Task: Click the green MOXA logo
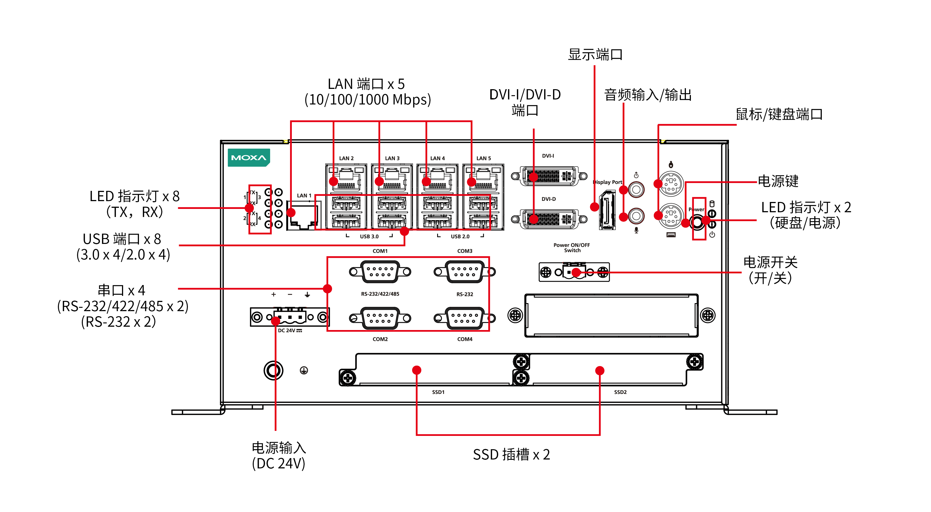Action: [249, 158]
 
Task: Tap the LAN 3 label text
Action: [392, 158]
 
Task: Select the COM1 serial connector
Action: [380, 272]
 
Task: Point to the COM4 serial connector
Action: [464, 318]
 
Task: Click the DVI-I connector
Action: [549, 176]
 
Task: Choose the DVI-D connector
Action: [549, 219]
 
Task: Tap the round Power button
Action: [697, 221]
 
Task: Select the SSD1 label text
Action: [438, 392]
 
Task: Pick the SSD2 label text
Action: [620, 392]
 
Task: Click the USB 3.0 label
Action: [369, 237]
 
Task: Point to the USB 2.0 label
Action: [460, 237]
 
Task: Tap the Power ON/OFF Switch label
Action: [572, 248]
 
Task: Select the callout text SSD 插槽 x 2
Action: [511, 454]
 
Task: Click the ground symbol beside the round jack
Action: [304, 370]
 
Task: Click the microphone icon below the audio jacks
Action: [636, 231]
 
